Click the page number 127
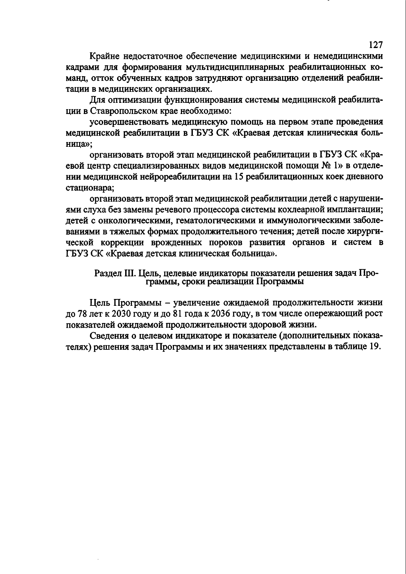click(x=375, y=45)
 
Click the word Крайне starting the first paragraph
click(x=105, y=56)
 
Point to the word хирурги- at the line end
click(x=364, y=232)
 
